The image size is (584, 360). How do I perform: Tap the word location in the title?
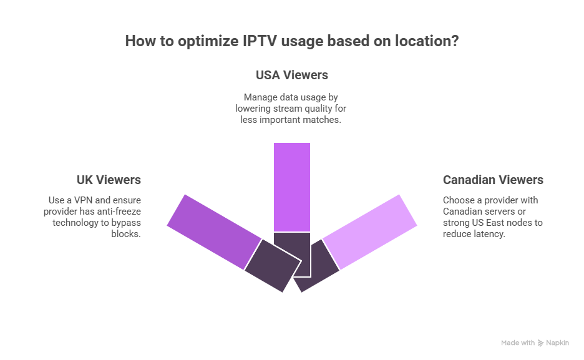(x=426, y=41)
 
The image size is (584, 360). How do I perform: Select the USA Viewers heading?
(x=291, y=75)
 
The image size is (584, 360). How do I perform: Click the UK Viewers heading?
(x=109, y=180)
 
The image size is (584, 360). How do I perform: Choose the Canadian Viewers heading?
(x=493, y=180)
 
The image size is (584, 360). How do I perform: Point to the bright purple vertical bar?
(x=291, y=186)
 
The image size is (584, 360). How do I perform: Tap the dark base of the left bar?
(x=272, y=266)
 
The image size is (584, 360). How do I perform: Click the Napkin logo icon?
(x=540, y=343)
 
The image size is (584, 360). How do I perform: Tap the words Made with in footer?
(x=518, y=343)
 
